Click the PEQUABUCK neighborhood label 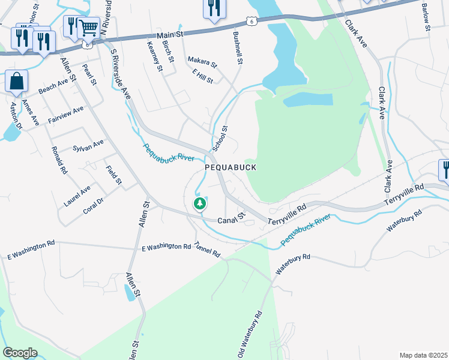pyautogui.click(x=231, y=168)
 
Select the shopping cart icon pyautogui.click(x=88, y=27)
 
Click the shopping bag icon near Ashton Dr pyautogui.click(x=17, y=82)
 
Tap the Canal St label pyautogui.click(x=232, y=219)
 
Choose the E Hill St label pyautogui.click(x=203, y=76)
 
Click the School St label pyautogui.click(x=220, y=139)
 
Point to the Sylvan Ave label pyautogui.click(x=88, y=145)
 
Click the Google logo pyautogui.click(x=20, y=353)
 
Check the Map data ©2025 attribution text pyautogui.click(x=423, y=355)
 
